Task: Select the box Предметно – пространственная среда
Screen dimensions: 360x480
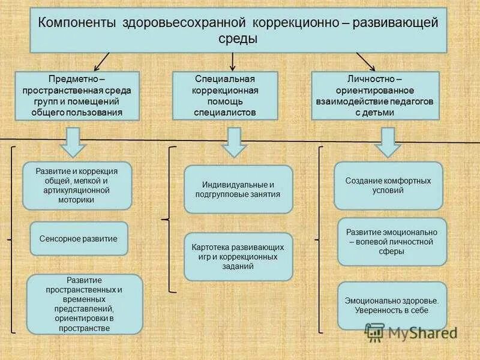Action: (77, 95)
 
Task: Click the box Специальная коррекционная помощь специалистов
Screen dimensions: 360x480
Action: (225, 95)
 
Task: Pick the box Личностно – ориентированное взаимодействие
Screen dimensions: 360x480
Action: (375, 95)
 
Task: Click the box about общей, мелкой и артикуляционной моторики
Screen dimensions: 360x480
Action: (77, 185)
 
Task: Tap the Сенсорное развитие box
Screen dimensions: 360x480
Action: (79, 238)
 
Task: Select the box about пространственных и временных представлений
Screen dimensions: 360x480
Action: (85, 304)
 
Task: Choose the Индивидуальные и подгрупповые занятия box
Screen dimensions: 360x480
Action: (238, 189)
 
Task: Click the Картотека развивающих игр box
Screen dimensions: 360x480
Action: (238, 256)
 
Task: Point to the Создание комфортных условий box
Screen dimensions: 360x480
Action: (388, 185)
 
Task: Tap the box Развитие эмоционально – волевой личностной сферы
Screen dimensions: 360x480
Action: (392, 241)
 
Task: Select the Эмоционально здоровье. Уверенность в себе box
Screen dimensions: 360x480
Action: (392, 305)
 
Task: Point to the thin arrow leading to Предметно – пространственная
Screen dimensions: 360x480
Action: (101, 61)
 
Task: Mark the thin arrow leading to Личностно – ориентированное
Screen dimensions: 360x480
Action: (365, 61)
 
